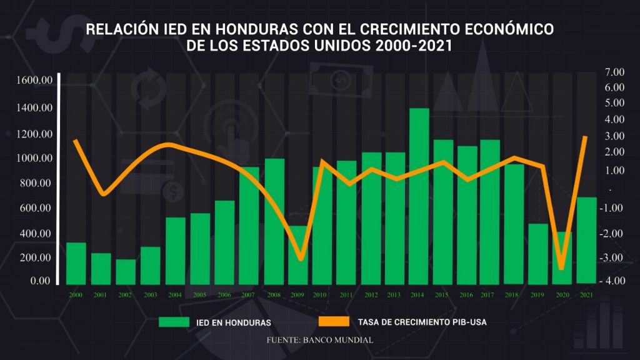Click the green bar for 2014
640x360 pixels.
point(419,196)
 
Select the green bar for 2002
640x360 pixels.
point(126,272)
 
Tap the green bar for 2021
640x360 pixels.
point(586,241)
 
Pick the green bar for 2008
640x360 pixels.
point(274,221)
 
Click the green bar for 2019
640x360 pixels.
point(537,254)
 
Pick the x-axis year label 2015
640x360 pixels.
point(442,294)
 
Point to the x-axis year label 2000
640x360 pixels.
point(76,294)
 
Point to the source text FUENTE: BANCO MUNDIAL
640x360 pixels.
point(319,340)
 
